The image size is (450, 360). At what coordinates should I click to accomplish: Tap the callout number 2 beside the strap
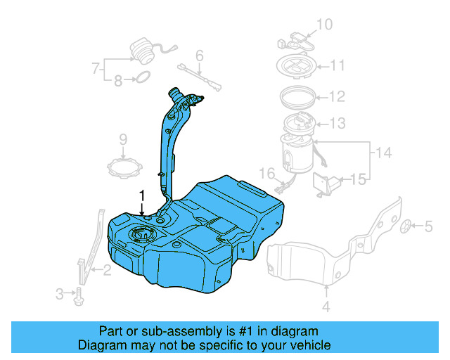point(107,269)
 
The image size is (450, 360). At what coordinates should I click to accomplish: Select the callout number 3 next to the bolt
point(60,292)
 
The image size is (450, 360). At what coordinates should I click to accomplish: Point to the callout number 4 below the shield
point(326,306)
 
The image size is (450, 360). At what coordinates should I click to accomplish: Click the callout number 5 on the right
point(428,226)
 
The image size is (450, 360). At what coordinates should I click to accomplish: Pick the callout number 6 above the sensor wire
point(199,55)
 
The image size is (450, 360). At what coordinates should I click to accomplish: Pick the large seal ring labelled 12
point(298,94)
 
